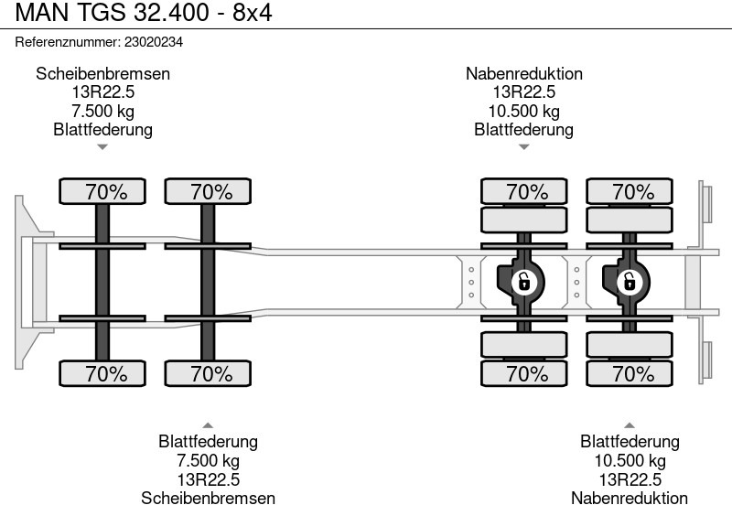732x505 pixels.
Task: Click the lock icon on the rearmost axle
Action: click(x=629, y=282)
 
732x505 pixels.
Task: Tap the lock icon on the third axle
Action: click(x=523, y=282)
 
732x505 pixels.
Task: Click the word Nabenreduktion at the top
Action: click(x=523, y=74)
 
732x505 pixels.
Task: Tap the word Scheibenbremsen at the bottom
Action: click(x=208, y=497)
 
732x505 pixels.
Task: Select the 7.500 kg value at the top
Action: click(x=103, y=111)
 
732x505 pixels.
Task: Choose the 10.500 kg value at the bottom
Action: click(x=630, y=460)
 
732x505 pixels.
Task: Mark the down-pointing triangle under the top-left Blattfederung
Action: click(x=103, y=146)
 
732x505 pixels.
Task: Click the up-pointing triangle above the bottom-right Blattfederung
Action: click(x=630, y=424)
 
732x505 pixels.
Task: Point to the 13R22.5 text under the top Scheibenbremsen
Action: click(x=103, y=92)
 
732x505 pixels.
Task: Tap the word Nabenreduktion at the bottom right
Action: click(x=630, y=497)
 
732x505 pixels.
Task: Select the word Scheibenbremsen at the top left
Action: click(x=103, y=74)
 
